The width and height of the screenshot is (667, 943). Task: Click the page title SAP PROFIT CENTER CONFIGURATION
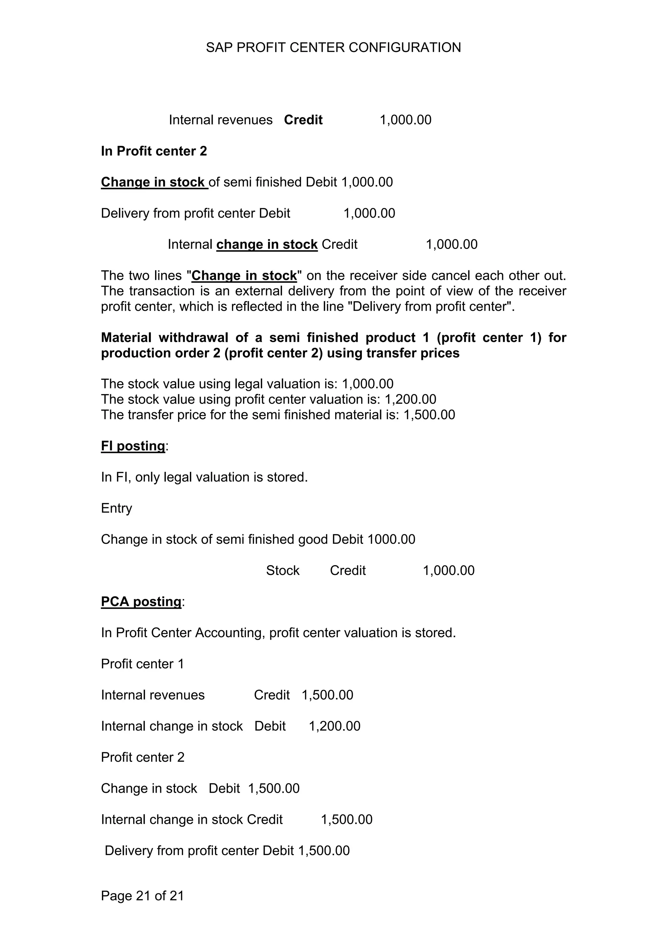pos(333,48)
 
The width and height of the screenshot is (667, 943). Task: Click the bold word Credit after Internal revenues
pos(303,120)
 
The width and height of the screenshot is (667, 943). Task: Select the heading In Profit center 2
pos(154,151)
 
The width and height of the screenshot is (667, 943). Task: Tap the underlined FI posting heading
pos(133,445)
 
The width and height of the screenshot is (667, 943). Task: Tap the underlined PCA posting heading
pos(141,602)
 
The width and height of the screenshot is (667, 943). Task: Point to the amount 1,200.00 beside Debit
pos(334,726)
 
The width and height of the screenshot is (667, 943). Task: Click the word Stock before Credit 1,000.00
pos(282,570)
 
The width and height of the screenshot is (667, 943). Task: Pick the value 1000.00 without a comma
pos(391,539)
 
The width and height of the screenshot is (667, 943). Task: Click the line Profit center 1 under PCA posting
pos(142,664)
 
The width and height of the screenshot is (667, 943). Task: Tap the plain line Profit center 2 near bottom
pos(143,757)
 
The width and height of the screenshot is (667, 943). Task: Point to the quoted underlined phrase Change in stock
pos(244,276)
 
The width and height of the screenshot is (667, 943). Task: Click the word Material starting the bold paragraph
pos(126,338)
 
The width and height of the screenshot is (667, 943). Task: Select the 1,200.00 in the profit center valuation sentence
pos(410,399)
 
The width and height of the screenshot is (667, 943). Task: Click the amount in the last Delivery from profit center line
pos(323,851)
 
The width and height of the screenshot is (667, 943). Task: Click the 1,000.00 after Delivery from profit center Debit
pos(369,213)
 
